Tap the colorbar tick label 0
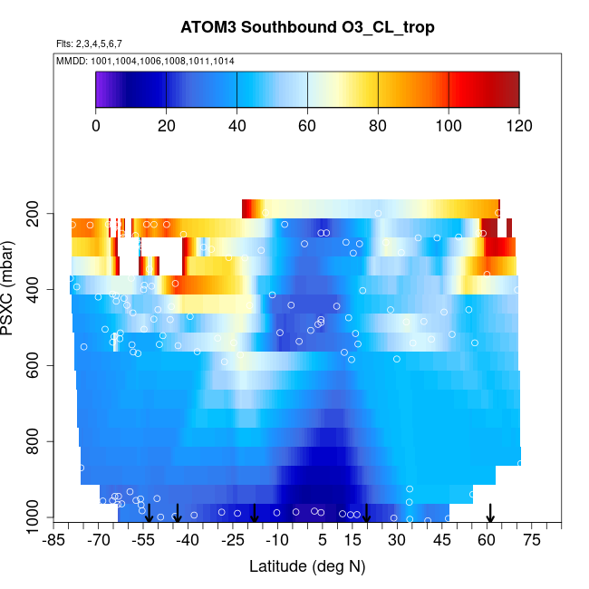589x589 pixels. point(95,125)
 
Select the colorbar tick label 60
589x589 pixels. point(307,125)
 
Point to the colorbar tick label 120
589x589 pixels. point(518,125)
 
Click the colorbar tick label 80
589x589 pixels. point(378,125)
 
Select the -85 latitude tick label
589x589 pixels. point(53,541)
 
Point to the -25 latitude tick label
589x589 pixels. point(232,541)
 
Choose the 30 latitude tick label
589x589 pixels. point(396,541)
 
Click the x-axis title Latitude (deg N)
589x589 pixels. point(307,566)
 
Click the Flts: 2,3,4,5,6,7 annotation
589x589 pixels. point(89,43)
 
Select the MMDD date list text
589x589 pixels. point(145,60)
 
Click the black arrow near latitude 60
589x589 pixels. point(490,513)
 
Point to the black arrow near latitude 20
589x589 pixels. point(367,513)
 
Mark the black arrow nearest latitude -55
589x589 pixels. point(149,513)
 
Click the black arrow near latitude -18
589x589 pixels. point(255,513)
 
